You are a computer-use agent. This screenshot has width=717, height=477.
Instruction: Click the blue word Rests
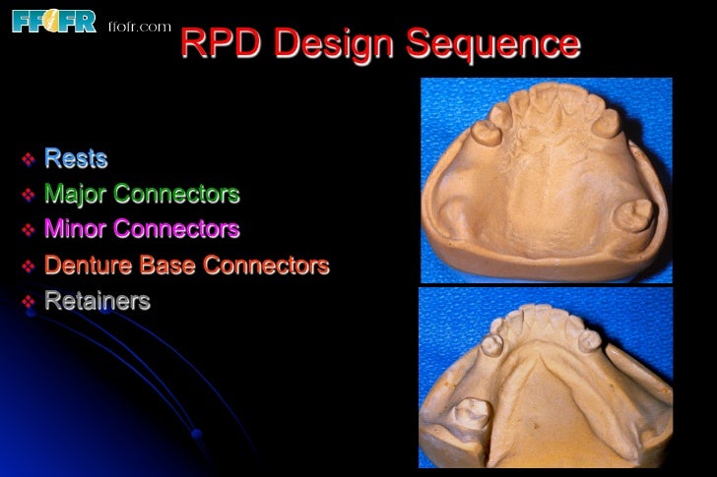(x=76, y=158)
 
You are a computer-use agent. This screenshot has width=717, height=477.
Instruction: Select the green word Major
(x=75, y=194)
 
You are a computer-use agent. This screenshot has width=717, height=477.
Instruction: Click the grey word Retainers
(x=98, y=301)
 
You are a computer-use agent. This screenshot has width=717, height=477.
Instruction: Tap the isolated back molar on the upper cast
(x=636, y=212)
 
